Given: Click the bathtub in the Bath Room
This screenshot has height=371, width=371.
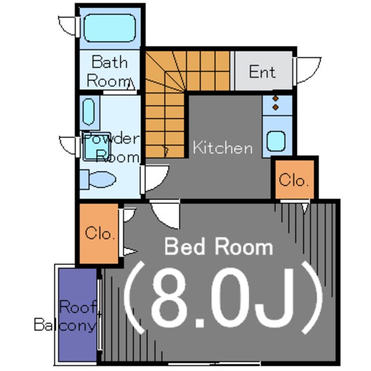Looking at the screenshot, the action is tap(110, 28).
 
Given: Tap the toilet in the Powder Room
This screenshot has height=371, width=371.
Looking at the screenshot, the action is tap(98, 179).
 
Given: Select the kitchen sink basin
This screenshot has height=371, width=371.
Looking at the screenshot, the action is tap(276, 141).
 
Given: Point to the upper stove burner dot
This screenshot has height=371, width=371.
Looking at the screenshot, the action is tap(275, 98).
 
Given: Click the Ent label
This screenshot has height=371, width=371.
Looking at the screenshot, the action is tap(262, 71).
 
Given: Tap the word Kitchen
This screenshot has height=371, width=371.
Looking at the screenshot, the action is tap(223, 147).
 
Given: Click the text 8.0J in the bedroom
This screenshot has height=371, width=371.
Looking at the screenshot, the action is tap(223, 297).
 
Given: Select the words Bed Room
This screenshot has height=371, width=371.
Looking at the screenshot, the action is tap(219, 247).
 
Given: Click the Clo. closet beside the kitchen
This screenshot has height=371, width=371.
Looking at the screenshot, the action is tap(294, 180).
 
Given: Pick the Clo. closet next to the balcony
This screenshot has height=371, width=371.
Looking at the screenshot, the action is tap(99, 233).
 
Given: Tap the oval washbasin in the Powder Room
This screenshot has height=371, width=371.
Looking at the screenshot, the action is tap(89, 112).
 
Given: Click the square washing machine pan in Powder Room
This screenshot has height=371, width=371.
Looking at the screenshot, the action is tap(97, 146).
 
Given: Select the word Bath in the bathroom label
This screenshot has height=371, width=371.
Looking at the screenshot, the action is tap(110, 62).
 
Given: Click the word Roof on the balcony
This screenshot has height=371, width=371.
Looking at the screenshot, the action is tap(78, 307).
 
